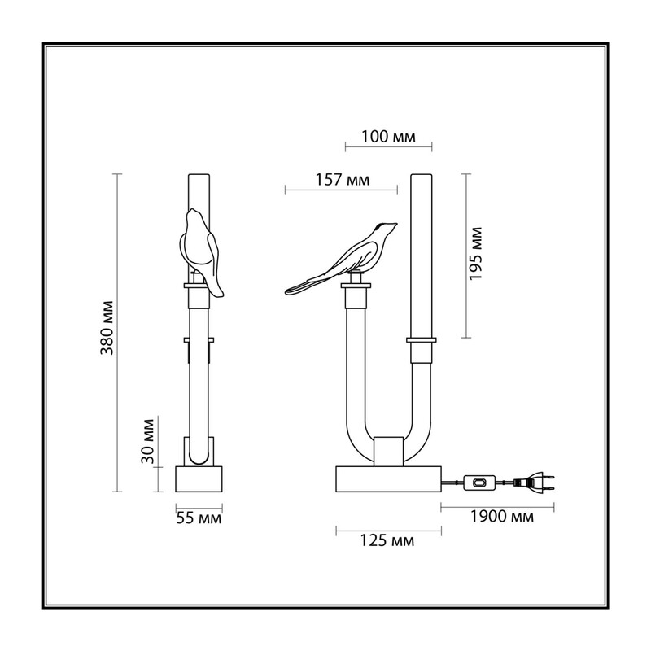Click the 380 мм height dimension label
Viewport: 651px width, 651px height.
(x=107, y=328)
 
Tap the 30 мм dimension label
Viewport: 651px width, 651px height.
(x=147, y=441)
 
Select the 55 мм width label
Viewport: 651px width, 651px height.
(x=199, y=518)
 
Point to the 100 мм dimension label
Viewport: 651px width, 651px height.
(x=388, y=136)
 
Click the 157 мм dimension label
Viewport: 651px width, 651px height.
(x=343, y=180)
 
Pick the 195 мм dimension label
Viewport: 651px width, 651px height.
(x=476, y=254)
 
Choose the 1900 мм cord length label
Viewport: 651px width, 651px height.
(x=502, y=517)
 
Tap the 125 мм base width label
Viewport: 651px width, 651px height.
(x=387, y=540)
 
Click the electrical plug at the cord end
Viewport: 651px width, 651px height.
(x=535, y=483)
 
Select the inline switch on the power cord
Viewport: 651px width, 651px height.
(x=479, y=483)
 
